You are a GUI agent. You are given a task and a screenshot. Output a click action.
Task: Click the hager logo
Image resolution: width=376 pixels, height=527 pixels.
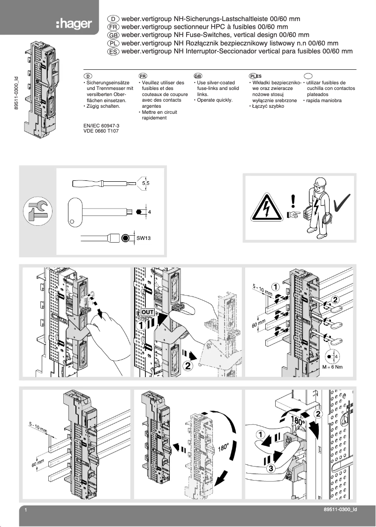click(x=74, y=24)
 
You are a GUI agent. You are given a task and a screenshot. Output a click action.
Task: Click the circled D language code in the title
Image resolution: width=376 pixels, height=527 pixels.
click(x=113, y=18)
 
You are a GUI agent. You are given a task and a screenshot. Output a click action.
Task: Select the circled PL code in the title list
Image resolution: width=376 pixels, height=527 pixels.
click(x=113, y=43)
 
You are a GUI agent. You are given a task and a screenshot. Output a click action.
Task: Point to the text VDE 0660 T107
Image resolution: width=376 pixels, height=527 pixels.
click(x=100, y=132)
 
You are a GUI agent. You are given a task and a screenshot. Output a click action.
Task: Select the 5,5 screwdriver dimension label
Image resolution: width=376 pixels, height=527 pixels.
click(x=146, y=184)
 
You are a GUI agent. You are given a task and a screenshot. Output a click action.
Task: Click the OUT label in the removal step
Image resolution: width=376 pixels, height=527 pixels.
click(x=147, y=312)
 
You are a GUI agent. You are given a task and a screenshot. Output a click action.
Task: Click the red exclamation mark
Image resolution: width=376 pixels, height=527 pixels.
click(x=293, y=201)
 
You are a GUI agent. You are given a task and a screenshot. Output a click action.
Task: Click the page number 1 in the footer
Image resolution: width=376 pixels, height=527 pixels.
click(x=26, y=510)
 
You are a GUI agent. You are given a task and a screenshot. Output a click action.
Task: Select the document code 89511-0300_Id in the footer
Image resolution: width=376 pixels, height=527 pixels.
click(x=337, y=510)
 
